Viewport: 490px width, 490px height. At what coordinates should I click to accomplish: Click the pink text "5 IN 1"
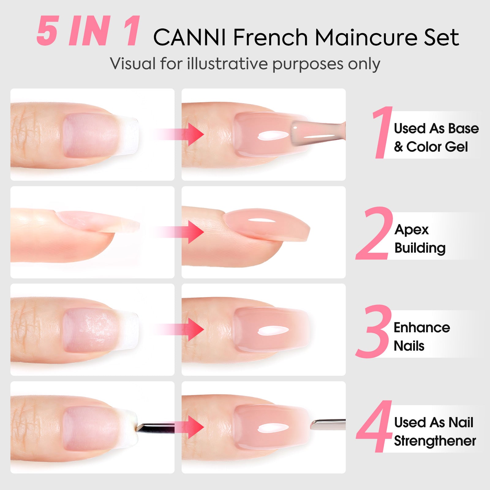pyautogui.click(x=88, y=31)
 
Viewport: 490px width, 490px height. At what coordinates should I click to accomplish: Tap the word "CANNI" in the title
pyautogui.click(x=189, y=37)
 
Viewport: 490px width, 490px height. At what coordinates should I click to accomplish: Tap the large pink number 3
pyautogui.click(x=374, y=331)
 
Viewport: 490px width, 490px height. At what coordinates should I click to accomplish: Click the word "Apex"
pyautogui.click(x=411, y=229)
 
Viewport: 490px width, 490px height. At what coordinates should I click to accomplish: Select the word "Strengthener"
pyautogui.click(x=435, y=441)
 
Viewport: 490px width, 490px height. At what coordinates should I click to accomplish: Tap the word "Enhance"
pyautogui.click(x=422, y=327)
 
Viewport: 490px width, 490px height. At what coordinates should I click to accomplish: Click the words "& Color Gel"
pyautogui.click(x=431, y=147)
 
